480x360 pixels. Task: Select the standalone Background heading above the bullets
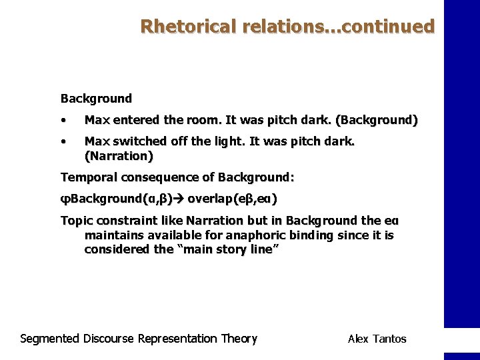point(96,99)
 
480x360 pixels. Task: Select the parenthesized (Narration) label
point(119,157)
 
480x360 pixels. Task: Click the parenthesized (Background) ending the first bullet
point(377,121)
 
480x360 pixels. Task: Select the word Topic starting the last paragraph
point(75,221)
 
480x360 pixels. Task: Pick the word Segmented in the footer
point(50,339)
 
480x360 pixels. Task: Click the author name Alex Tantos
point(377,339)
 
